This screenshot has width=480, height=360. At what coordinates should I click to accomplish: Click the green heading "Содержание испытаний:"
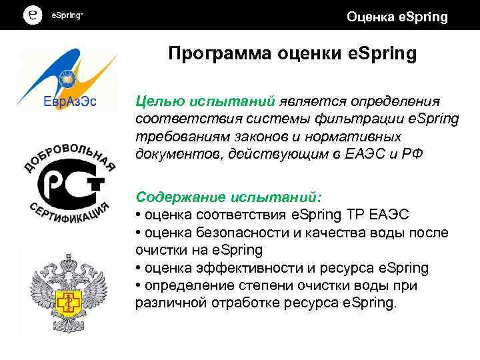pos(229,198)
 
